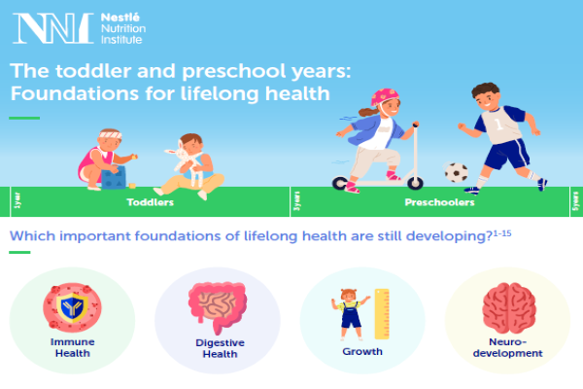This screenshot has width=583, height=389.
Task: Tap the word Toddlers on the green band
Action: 151,204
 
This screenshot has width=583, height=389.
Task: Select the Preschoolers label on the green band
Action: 439,204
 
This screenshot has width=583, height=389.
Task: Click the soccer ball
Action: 456,172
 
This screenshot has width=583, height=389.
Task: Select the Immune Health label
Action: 72,347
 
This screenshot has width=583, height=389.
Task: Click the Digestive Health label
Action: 219,348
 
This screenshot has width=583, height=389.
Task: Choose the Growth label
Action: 362,351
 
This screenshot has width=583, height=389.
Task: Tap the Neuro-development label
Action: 507,347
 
